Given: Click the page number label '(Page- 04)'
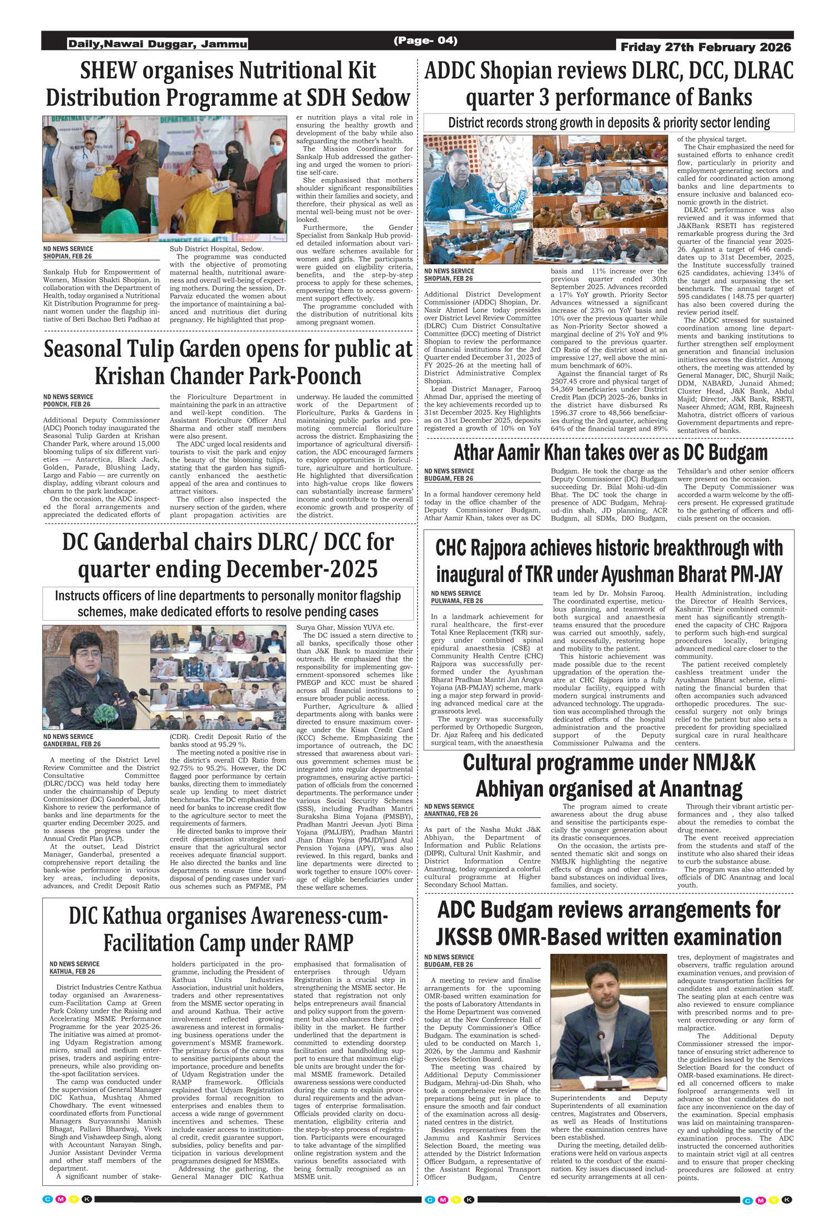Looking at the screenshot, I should coord(425,41).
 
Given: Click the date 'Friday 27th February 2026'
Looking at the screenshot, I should coord(705,47).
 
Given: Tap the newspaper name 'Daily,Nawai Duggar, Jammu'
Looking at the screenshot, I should coord(158,44).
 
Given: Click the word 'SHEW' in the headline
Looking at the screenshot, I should coord(108,71).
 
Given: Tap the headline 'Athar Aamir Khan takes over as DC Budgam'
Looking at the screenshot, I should coord(610,452).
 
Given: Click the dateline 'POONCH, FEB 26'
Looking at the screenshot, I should coord(67,405).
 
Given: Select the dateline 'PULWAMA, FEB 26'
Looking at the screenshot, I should coord(456,601).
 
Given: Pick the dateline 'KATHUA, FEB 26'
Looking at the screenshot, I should coord(72,972).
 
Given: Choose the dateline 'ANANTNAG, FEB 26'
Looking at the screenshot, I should coord(451,814).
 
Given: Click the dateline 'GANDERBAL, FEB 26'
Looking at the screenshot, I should coord(72,744).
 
